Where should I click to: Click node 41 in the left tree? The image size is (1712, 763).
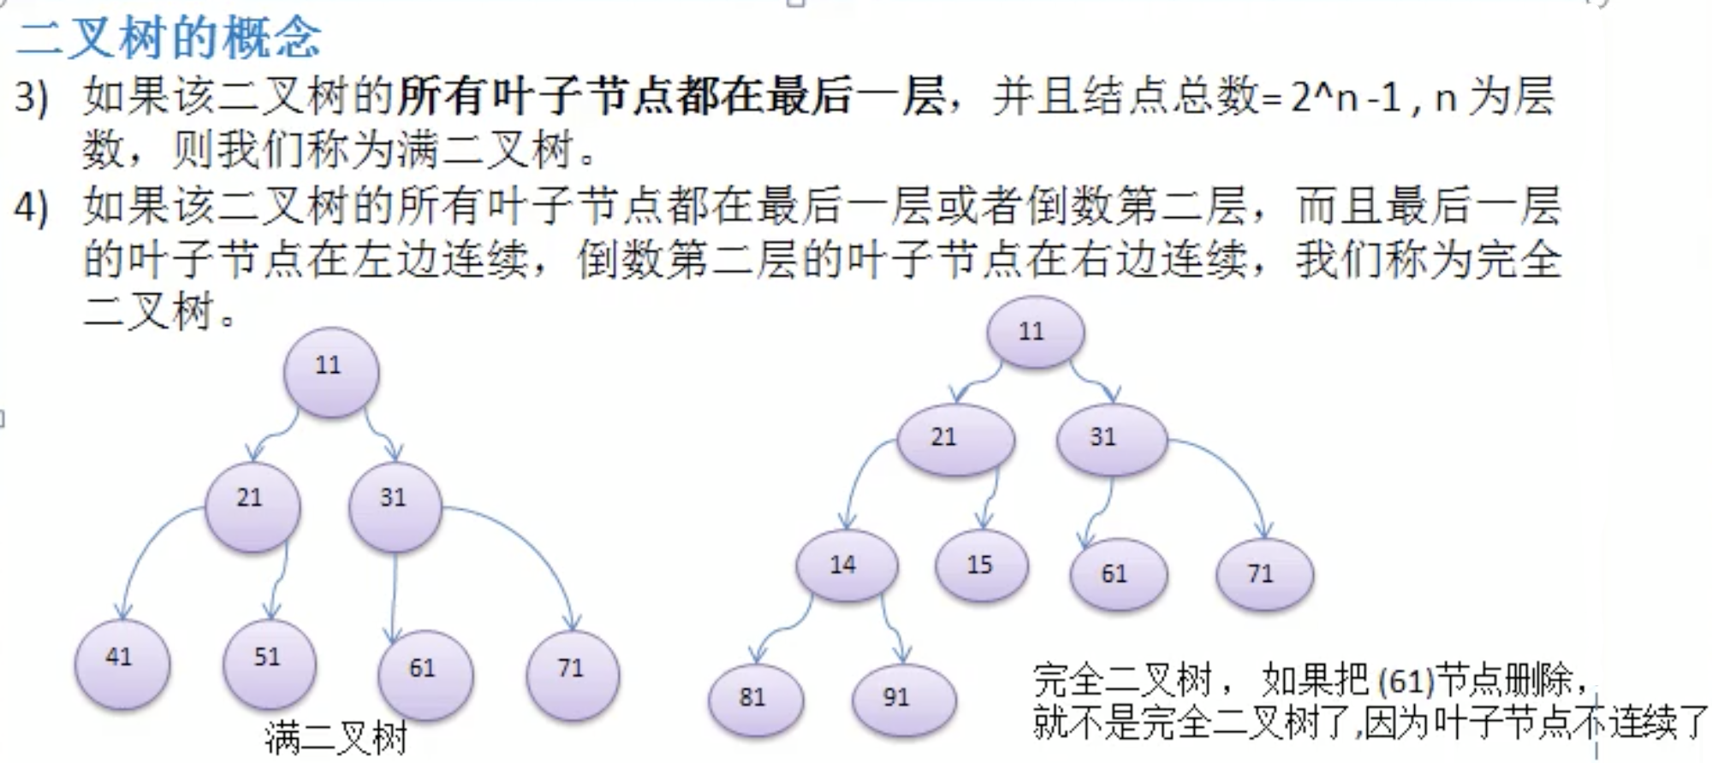tap(122, 664)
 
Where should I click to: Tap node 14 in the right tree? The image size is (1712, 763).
tap(847, 565)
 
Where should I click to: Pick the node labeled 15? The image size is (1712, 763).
tap(982, 565)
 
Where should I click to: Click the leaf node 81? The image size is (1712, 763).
tap(755, 698)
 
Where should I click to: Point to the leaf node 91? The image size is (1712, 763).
tap(902, 698)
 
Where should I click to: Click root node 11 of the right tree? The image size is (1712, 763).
tap(1035, 332)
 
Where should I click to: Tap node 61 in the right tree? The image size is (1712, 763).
tap(1117, 573)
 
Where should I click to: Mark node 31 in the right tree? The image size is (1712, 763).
tap(1110, 439)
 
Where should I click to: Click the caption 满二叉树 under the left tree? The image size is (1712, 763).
tap(336, 738)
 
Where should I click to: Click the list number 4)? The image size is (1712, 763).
tap(31, 207)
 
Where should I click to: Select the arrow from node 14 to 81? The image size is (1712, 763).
tap(779, 635)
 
